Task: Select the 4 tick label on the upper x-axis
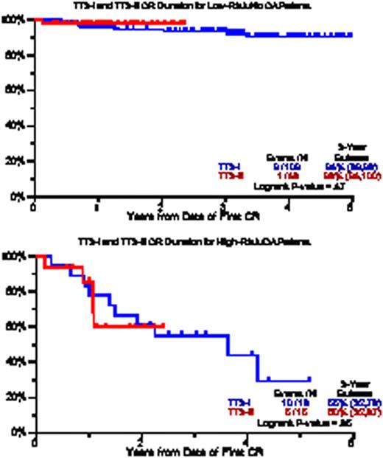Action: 287,207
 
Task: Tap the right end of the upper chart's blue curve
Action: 351,35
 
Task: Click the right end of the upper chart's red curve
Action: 185,23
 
